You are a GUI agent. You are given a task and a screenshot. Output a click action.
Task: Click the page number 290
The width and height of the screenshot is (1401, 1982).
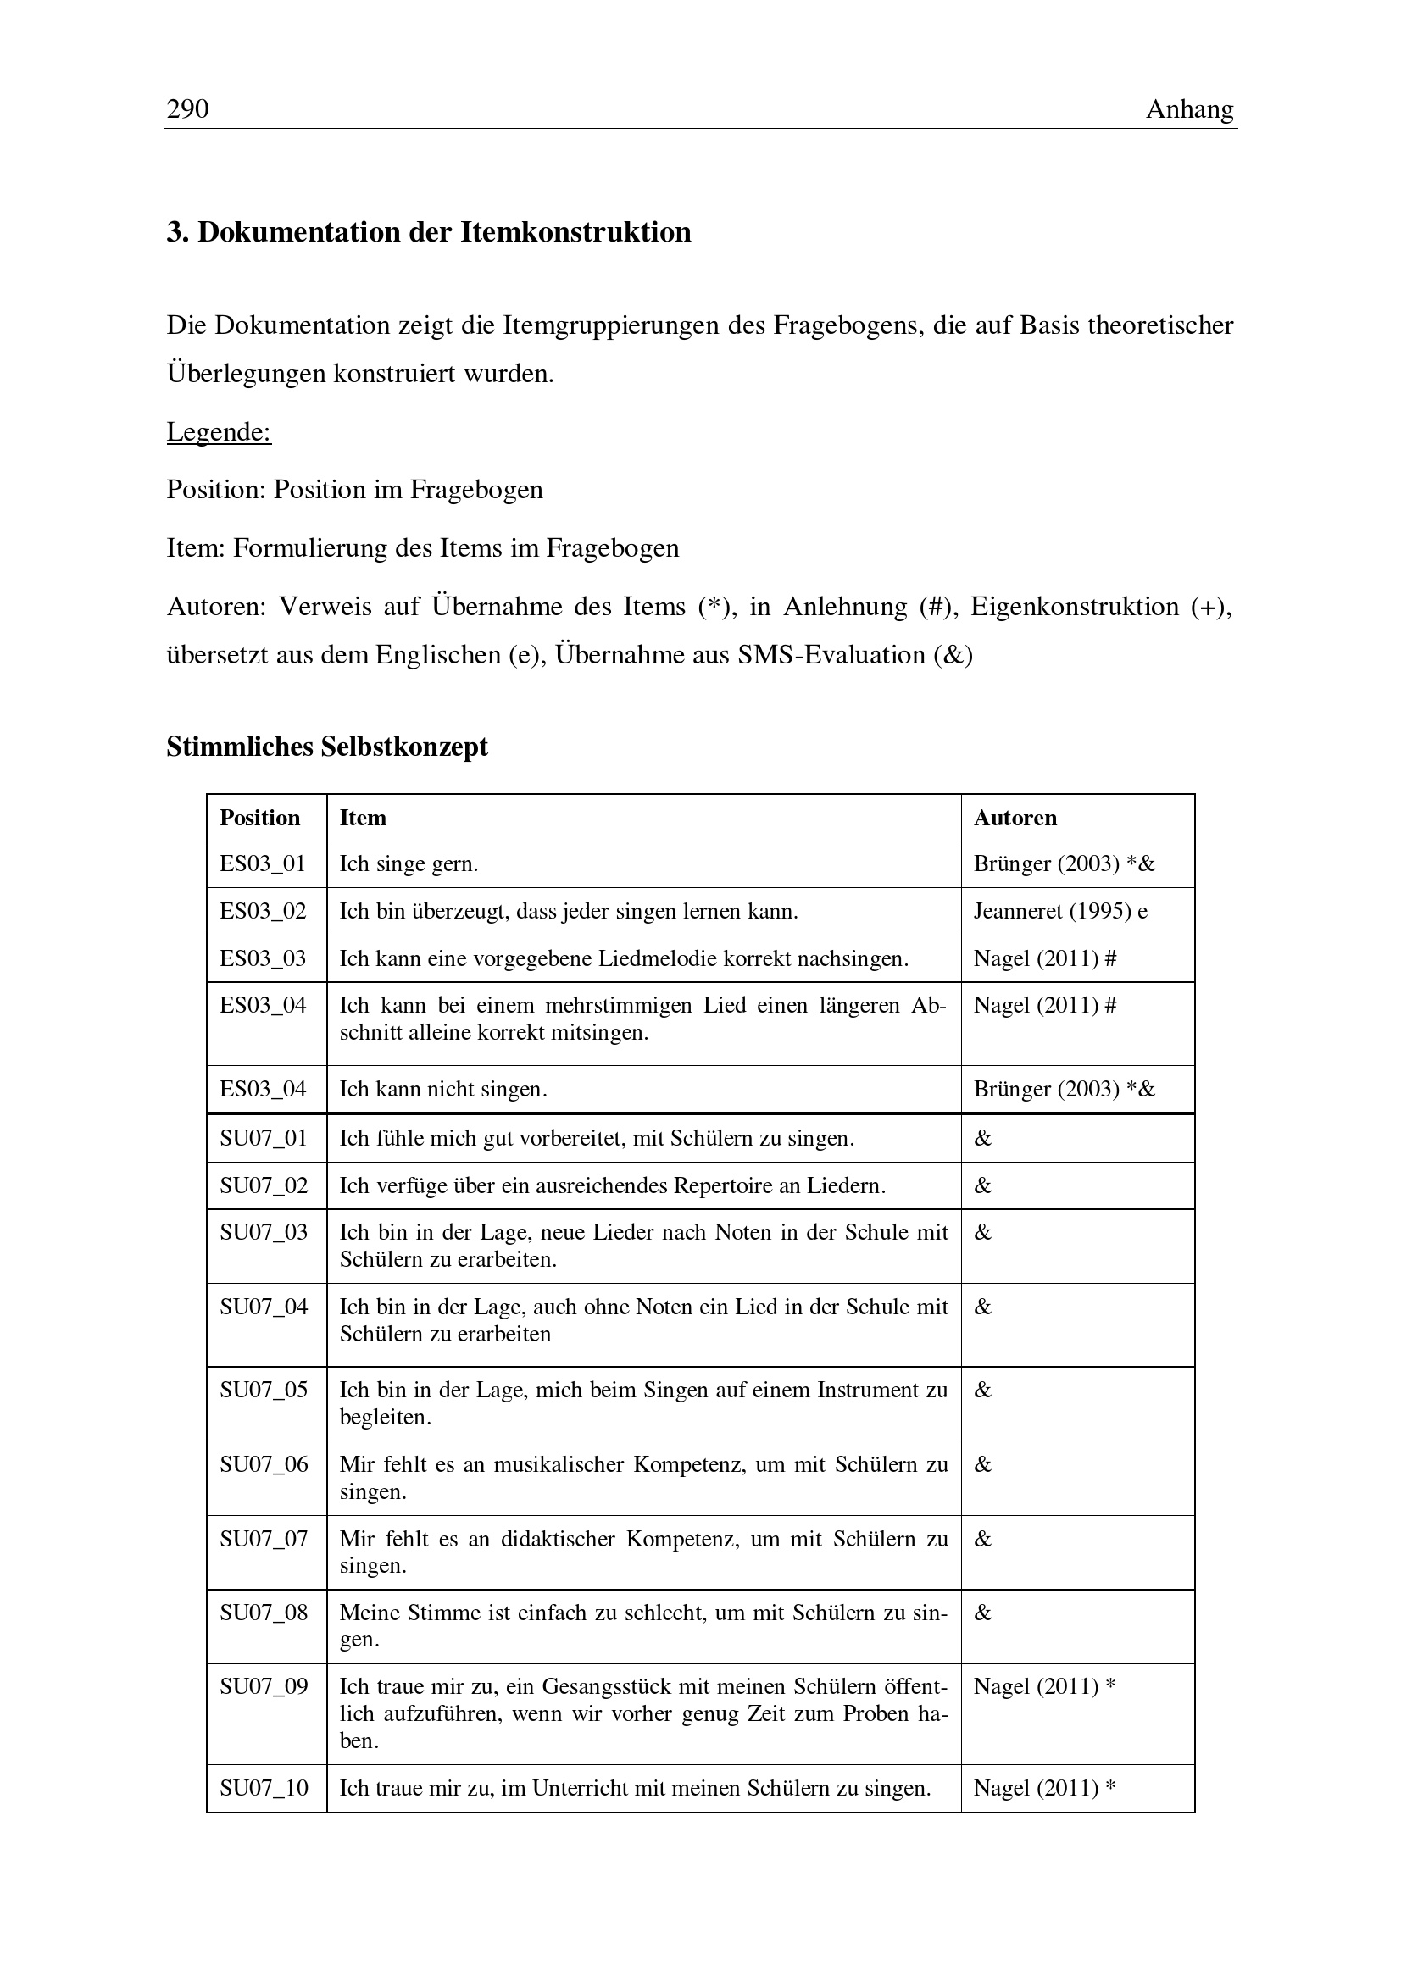click(x=187, y=109)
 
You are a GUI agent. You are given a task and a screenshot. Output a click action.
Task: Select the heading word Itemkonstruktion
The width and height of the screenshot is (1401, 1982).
click(x=575, y=232)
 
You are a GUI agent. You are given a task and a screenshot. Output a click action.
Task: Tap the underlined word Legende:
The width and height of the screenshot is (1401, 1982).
click(x=219, y=431)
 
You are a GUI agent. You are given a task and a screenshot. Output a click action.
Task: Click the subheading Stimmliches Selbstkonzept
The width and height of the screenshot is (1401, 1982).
click(x=327, y=747)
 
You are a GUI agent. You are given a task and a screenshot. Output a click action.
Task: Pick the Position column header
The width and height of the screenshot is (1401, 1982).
click(x=260, y=818)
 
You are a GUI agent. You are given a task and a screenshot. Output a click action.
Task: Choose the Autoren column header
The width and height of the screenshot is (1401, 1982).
click(x=1015, y=818)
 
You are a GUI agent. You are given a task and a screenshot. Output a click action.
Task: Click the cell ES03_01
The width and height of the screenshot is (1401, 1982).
click(x=263, y=864)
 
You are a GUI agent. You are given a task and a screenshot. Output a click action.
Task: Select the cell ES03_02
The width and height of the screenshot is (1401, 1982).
click(x=263, y=912)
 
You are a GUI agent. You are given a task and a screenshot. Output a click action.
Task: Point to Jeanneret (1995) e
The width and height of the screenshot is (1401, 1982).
click(x=1061, y=912)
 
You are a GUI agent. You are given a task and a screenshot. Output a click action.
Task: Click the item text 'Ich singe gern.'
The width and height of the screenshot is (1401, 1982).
click(x=409, y=864)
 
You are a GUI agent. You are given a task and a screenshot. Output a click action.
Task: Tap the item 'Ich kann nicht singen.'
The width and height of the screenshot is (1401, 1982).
click(x=442, y=1090)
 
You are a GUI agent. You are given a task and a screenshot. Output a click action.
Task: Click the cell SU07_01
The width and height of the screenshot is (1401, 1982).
click(x=264, y=1139)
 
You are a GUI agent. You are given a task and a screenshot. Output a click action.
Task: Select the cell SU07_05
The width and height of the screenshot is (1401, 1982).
click(x=264, y=1390)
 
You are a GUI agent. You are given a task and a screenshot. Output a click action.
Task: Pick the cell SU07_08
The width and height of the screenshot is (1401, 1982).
click(x=264, y=1613)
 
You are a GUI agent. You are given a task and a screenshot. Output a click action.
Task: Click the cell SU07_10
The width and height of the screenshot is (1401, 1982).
click(x=264, y=1788)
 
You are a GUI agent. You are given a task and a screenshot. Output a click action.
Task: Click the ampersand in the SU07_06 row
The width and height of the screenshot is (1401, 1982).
click(x=983, y=1464)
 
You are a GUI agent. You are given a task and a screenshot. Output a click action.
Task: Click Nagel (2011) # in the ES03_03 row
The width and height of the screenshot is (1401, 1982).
click(x=1044, y=959)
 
